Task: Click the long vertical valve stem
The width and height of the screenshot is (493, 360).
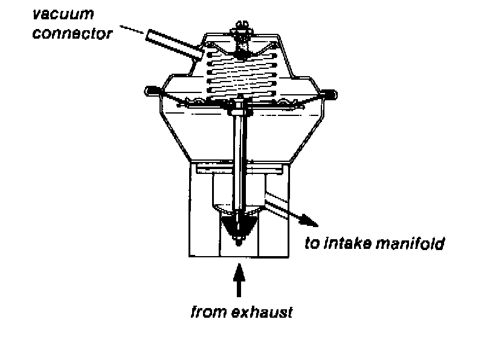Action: click(x=240, y=163)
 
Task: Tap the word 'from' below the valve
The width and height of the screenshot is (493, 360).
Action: click(x=206, y=313)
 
